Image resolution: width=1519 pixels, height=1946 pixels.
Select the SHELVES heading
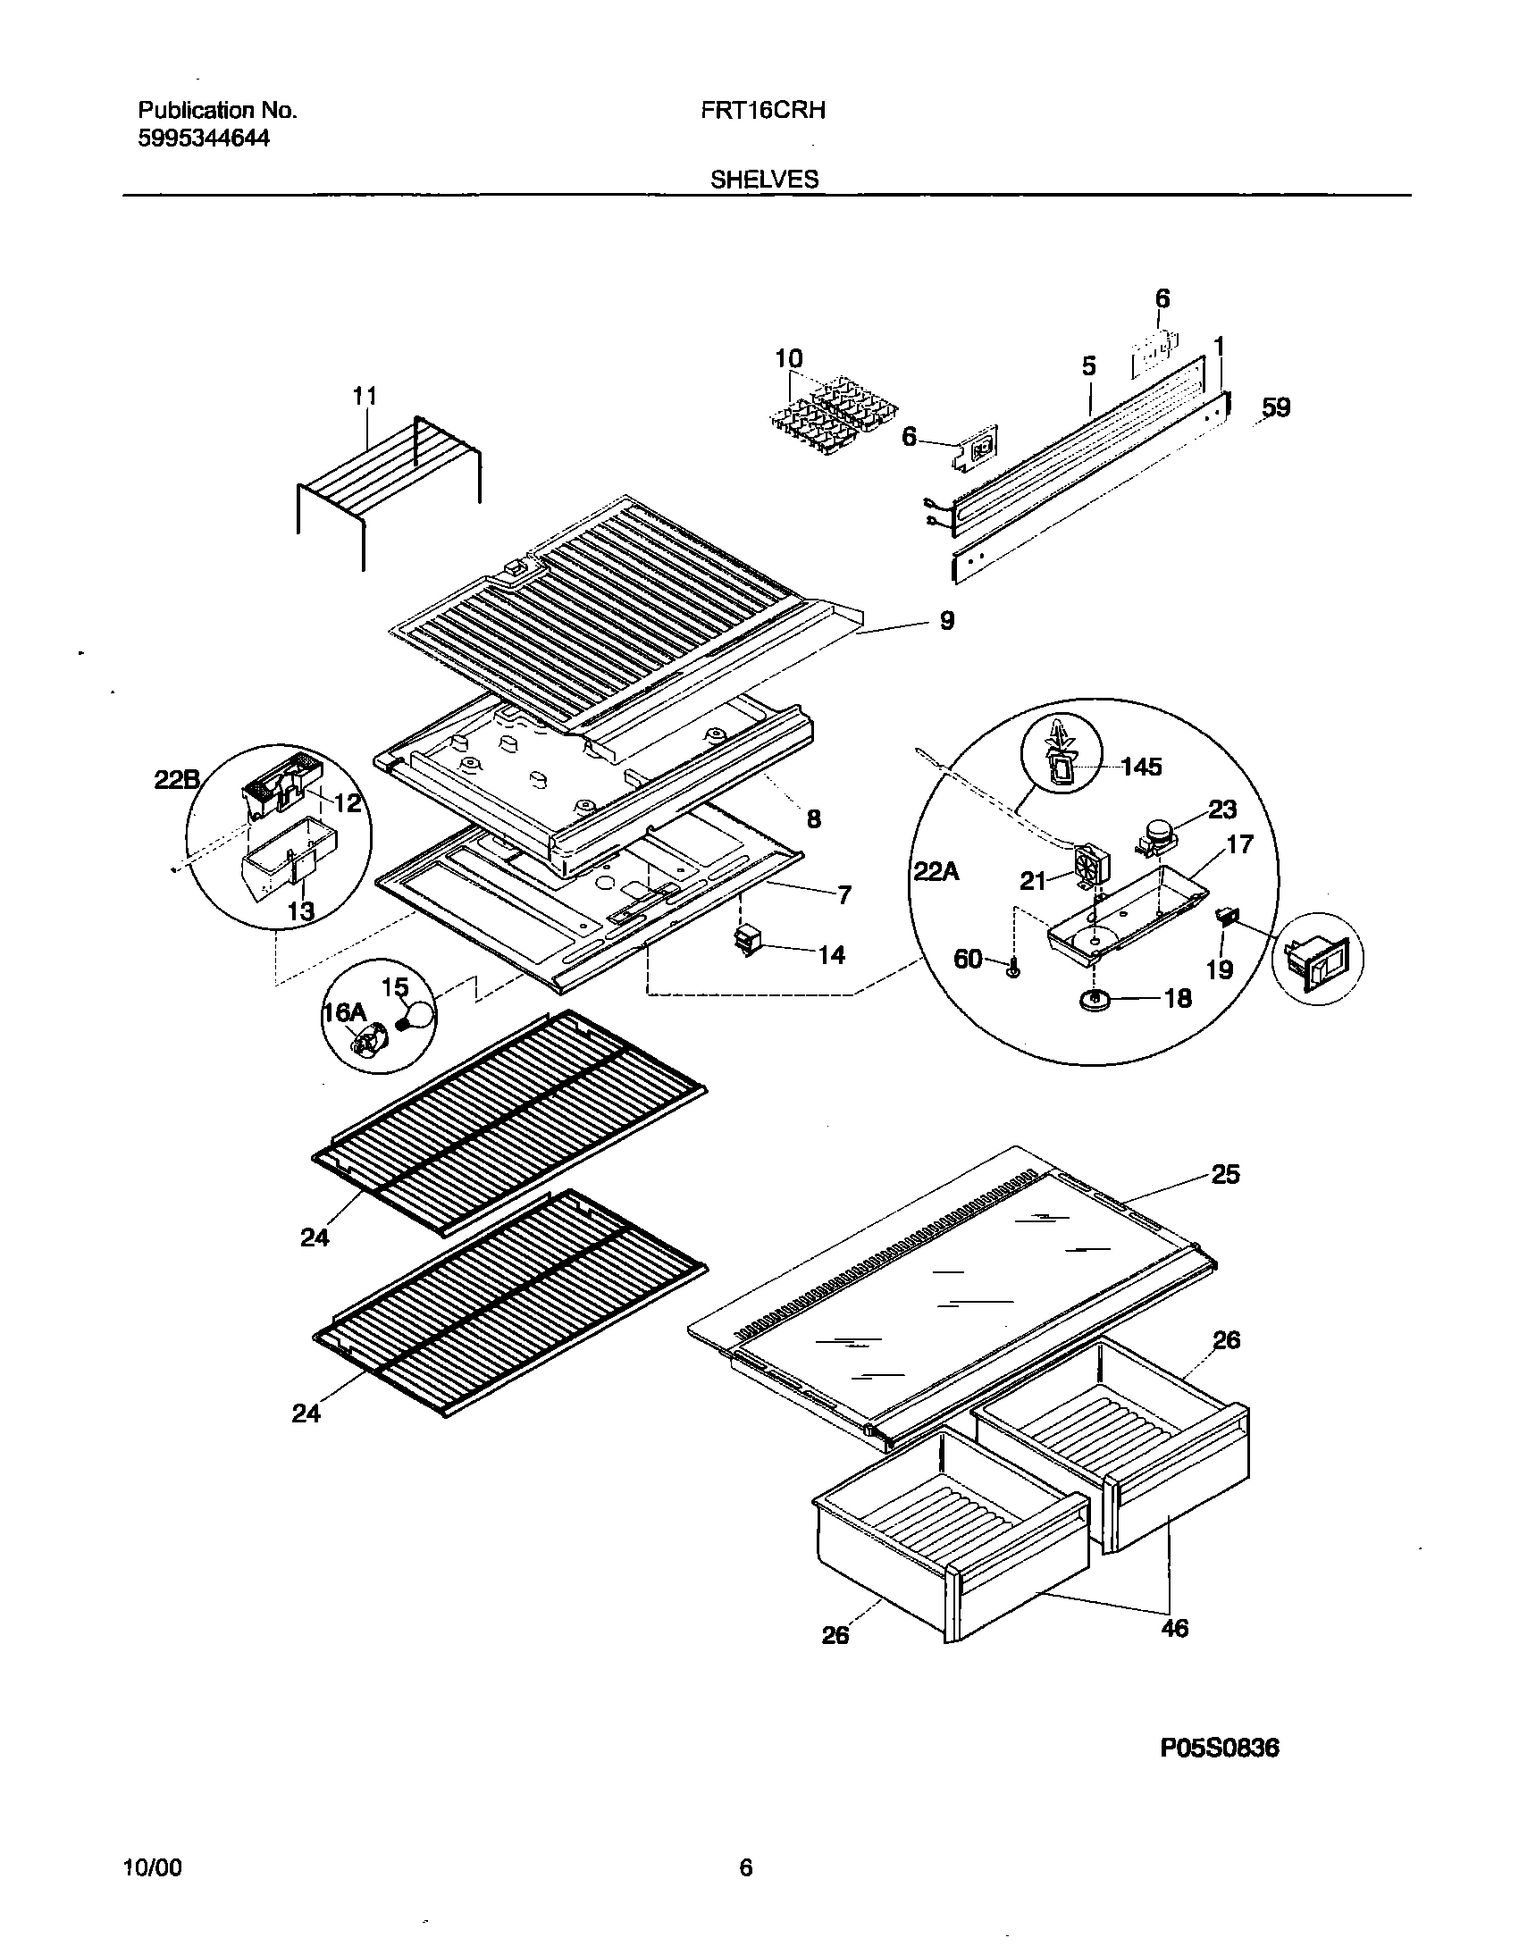pos(764,180)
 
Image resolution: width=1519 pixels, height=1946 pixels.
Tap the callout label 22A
pos(936,870)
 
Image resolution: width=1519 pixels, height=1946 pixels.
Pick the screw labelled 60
pos(1012,969)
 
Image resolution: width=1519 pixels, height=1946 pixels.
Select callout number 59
pos(1276,408)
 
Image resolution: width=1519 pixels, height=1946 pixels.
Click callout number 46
pos(1175,1628)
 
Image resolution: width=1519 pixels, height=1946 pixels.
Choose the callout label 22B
pos(176,779)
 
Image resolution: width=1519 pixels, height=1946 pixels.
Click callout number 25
pos(1225,1174)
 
